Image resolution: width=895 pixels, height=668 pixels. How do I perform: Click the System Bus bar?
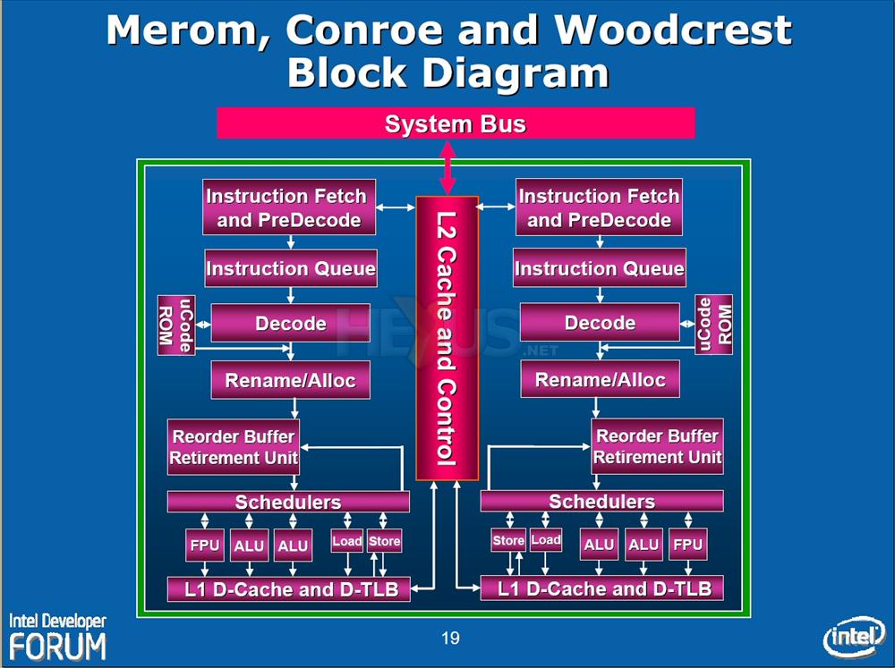coord(456,123)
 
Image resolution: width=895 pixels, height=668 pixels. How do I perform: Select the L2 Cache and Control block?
coord(447,337)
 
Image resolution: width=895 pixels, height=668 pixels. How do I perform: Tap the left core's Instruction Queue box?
coord(290,268)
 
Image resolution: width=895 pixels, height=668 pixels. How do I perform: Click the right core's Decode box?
coord(600,323)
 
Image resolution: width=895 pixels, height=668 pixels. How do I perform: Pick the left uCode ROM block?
coord(176,325)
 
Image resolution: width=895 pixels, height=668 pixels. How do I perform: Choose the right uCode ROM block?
coord(713,325)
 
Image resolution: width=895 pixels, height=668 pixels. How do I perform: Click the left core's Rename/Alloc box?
coord(290,380)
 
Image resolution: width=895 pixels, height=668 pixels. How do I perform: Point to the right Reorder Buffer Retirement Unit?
coord(657,446)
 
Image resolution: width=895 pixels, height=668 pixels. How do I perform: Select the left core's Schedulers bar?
coord(287,502)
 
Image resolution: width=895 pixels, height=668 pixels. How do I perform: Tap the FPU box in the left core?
coord(204,545)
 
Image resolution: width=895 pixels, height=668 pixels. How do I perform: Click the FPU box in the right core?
coord(687,544)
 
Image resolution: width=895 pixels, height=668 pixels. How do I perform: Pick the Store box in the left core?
coord(384,541)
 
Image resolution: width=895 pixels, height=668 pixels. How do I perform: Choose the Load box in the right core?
coord(545,540)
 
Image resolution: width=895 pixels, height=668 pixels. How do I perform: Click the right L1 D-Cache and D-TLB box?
coord(601,588)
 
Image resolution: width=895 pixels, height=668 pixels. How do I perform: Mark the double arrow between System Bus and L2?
coord(447,167)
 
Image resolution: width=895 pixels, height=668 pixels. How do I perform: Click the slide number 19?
coord(450,638)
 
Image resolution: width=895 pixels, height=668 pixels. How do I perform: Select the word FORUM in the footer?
coord(57,646)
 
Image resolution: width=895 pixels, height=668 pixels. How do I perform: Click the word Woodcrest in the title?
coord(673,31)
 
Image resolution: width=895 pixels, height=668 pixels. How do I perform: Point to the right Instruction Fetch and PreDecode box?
coord(599,207)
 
